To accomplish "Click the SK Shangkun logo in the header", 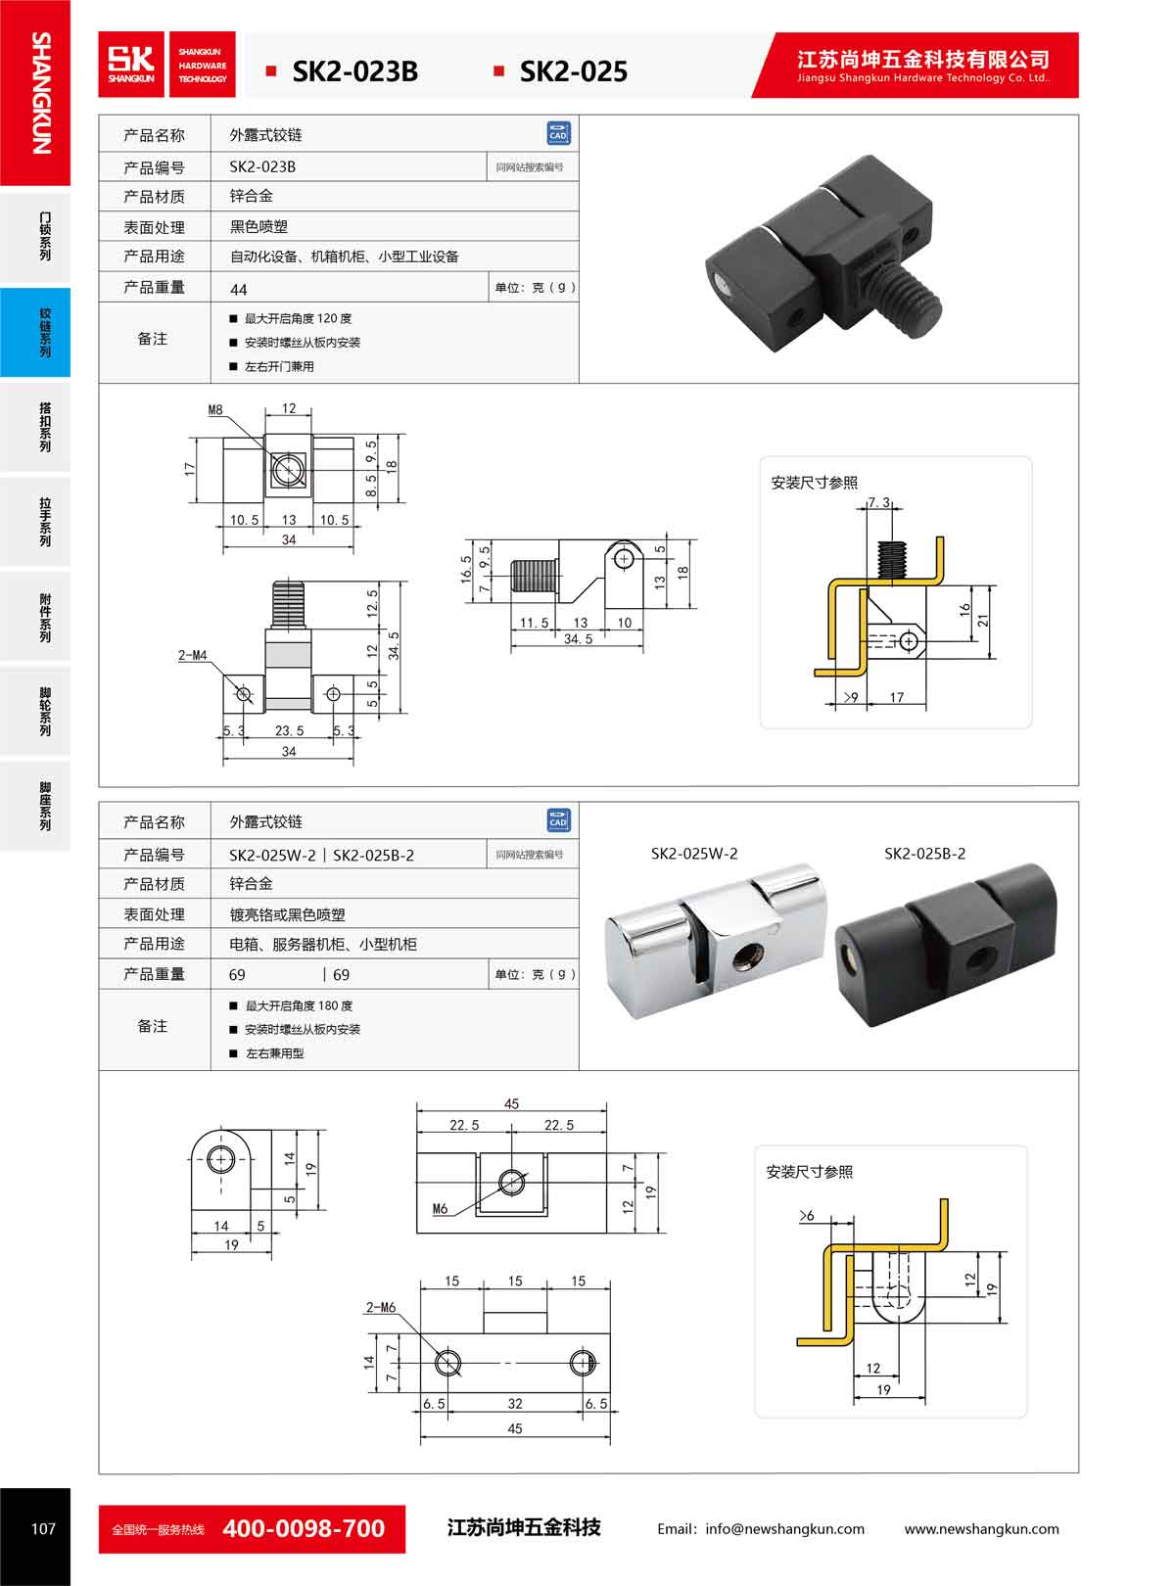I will point(132,65).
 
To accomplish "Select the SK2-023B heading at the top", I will point(354,71).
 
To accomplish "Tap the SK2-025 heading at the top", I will point(573,71).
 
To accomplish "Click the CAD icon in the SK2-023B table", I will point(558,134).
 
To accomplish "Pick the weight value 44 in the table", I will point(238,289).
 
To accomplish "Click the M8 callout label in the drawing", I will point(215,410).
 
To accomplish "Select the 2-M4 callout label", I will point(192,655).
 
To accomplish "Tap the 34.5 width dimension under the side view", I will point(578,639).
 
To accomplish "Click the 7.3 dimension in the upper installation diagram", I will point(878,503).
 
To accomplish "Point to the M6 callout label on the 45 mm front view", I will point(440,1209).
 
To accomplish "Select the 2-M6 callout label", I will point(380,1307).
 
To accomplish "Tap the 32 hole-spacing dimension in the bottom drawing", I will point(515,1403).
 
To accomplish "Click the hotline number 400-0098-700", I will point(304,1528).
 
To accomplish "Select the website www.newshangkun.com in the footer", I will point(981,1529).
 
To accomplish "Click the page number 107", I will point(43,1529).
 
